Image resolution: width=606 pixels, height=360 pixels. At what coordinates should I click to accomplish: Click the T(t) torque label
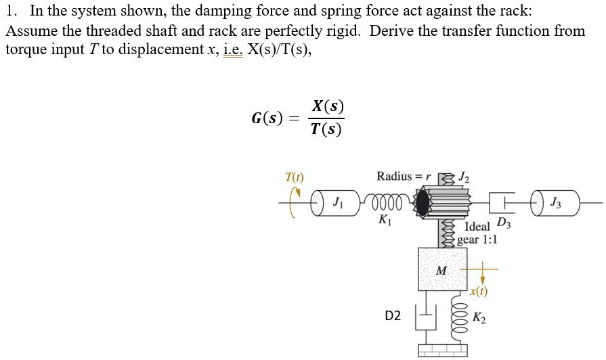click(295, 177)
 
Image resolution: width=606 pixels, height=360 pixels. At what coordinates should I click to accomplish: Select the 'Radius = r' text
click(404, 177)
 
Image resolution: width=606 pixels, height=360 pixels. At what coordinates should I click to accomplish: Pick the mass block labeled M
click(442, 269)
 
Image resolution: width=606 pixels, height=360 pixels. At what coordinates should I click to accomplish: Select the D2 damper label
click(393, 315)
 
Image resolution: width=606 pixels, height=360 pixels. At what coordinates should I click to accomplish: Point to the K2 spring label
click(479, 317)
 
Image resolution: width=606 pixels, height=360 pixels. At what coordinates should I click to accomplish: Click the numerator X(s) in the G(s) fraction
click(327, 107)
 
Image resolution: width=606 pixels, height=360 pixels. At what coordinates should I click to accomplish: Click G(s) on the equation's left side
click(267, 118)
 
